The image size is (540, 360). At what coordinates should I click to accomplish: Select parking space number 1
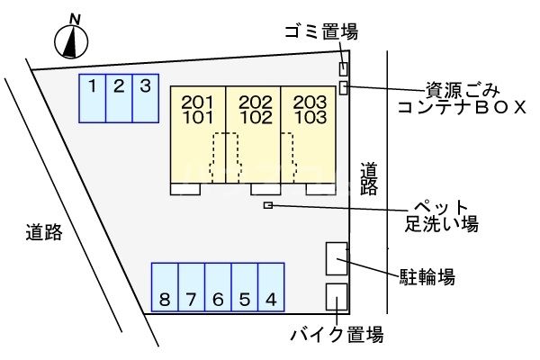pyautogui.click(x=93, y=98)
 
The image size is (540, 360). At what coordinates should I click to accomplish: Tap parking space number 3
pyautogui.click(x=146, y=98)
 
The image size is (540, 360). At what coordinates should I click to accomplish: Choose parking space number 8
pyautogui.click(x=165, y=287)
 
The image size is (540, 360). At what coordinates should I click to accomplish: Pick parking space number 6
pyautogui.click(x=218, y=287)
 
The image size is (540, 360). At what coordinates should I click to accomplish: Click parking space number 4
pyautogui.click(x=271, y=287)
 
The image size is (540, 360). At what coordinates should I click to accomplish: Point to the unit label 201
pyautogui.click(x=197, y=103)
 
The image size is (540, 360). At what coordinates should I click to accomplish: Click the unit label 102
pyautogui.click(x=256, y=118)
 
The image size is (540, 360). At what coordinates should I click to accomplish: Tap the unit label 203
pyautogui.click(x=310, y=103)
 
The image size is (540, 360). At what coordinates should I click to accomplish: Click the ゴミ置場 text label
pyautogui.click(x=321, y=31)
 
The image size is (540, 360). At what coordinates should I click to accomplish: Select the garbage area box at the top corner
pyautogui.click(x=344, y=69)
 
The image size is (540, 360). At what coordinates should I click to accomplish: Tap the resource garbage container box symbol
pyautogui.click(x=344, y=87)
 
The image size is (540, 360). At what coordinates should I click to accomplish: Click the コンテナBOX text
pyautogui.click(x=462, y=107)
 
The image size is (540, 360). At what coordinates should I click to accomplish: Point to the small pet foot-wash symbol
pyautogui.click(x=268, y=205)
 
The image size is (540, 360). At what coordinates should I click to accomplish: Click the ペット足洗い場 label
pyautogui.click(x=442, y=216)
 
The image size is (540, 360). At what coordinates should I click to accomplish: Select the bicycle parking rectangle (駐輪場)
pyautogui.click(x=337, y=258)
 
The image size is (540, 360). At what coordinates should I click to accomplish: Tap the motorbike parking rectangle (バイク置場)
pyautogui.click(x=337, y=297)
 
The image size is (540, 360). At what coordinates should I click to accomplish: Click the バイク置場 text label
pyautogui.click(x=337, y=335)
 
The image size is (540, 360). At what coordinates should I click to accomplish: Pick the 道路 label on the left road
pyautogui.click(x=44, y=232)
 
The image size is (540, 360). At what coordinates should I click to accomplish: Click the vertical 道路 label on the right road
pyautogui.click(x=369, y=179)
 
